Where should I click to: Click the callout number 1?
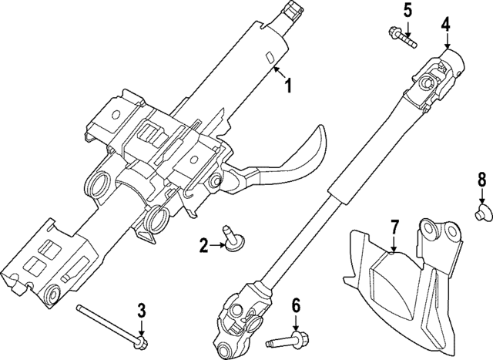click(x=289, y=87)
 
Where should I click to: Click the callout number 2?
click(x=203, y=247)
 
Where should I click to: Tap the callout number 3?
click(x=142, y=311)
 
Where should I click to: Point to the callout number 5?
click(x=407, y=10)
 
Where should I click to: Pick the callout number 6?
click(x=296, y=307)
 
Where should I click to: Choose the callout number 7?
click(x=394, y=227)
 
